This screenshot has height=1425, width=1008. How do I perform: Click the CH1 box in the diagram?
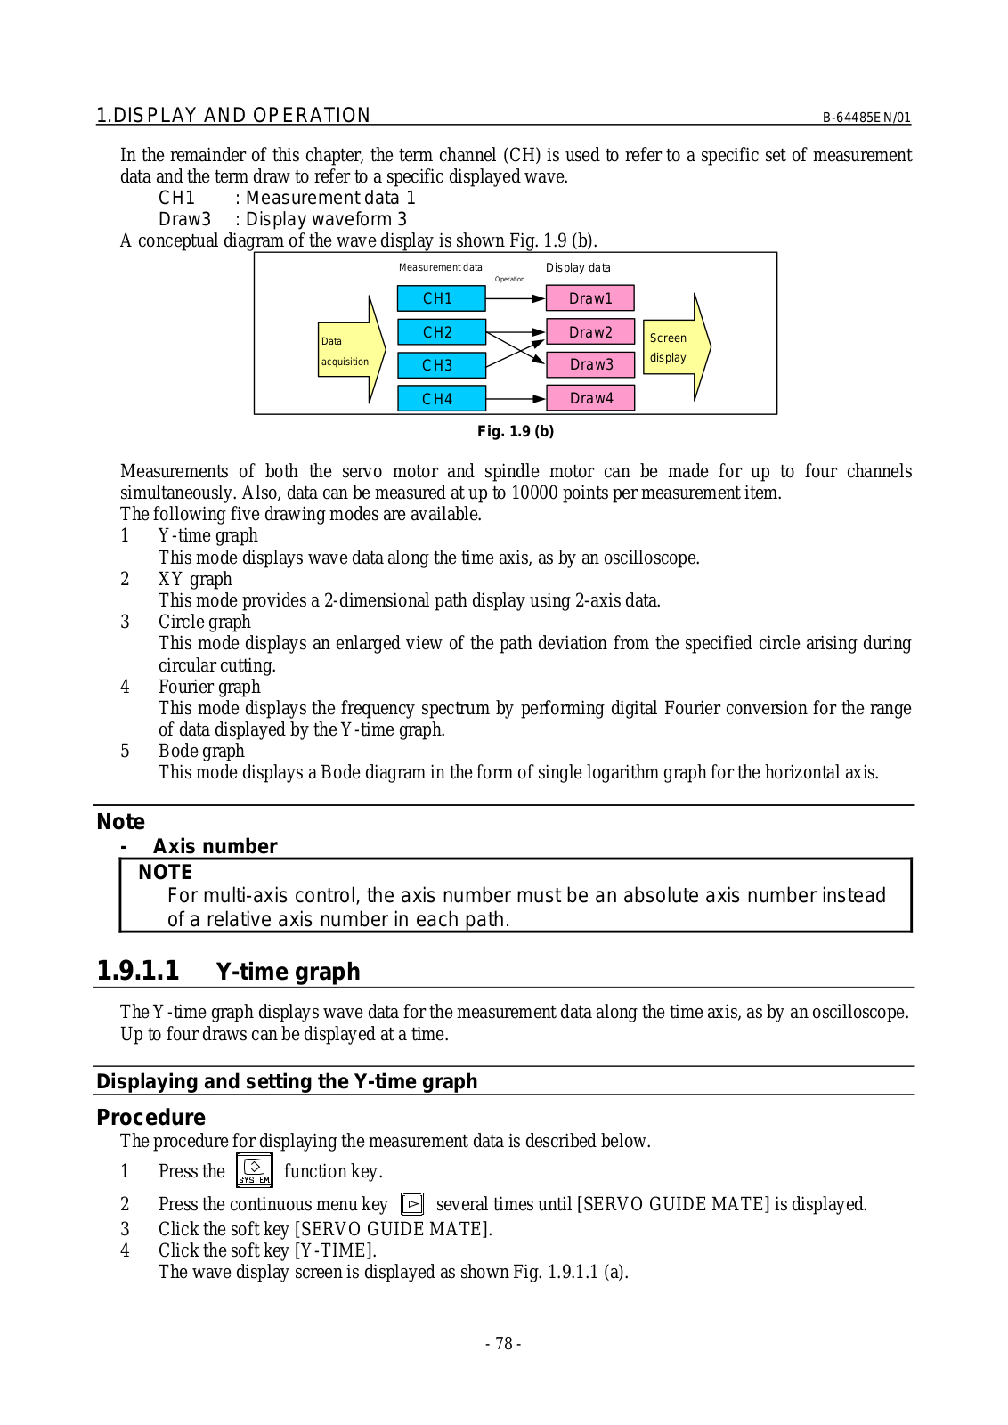point(441,298)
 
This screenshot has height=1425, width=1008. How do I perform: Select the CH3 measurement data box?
point(441,365)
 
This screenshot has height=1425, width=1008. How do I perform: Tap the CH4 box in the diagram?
point(441,398)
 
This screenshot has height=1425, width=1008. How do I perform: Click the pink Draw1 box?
point(589,298)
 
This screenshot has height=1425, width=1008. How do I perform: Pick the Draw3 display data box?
point(589,364)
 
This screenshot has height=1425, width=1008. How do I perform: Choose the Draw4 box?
point(589,398)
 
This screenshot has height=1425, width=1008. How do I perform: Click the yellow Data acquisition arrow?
point(350,350)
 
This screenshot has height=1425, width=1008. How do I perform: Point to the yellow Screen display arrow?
point(675,347)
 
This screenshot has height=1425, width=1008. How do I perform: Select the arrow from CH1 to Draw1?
point(516,298)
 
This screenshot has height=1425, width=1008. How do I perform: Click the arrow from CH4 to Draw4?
point(516,398)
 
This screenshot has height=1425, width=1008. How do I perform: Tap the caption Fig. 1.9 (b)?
point(516,431)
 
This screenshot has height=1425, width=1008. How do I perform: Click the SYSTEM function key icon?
point(254,1170)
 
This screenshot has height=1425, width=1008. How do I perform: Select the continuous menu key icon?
point(412,1204)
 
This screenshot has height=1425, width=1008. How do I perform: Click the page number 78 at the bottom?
point(503,1344)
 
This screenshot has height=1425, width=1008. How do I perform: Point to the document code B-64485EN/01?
point(866,118)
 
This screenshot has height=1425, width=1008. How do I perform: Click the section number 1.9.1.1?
point(138,971)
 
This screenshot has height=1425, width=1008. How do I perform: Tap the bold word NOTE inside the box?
point(166,872)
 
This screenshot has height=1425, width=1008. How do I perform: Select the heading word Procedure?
point(150,1117)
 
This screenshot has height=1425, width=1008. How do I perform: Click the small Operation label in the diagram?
point(509,279)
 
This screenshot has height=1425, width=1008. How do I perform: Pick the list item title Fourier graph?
point(209,687)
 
